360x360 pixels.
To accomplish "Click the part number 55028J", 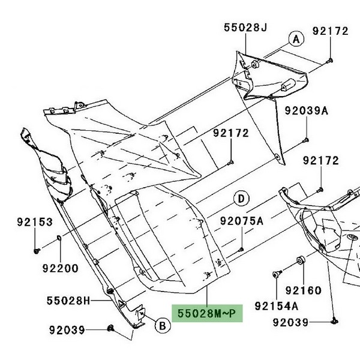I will [x=247, y=28].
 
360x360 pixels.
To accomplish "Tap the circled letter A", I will [x=295, y=40].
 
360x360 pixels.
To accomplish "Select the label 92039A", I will [x=307, y=111].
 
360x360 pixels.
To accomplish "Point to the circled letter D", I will [x=241, y=198].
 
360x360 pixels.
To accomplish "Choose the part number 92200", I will [x=59, y=268].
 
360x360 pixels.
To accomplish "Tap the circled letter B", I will [x=161, y=326].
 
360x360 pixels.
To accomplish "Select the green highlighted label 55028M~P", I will [x=208, y=313].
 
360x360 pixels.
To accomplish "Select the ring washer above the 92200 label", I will [x=59, y=241].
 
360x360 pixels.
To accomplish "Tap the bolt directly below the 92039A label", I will [x=306, y=139].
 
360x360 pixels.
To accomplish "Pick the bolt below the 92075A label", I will [x=241, y=248].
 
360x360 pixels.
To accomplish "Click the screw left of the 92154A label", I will [x=277, y=274].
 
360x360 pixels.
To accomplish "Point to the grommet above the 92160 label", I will [x=300, y=261].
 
